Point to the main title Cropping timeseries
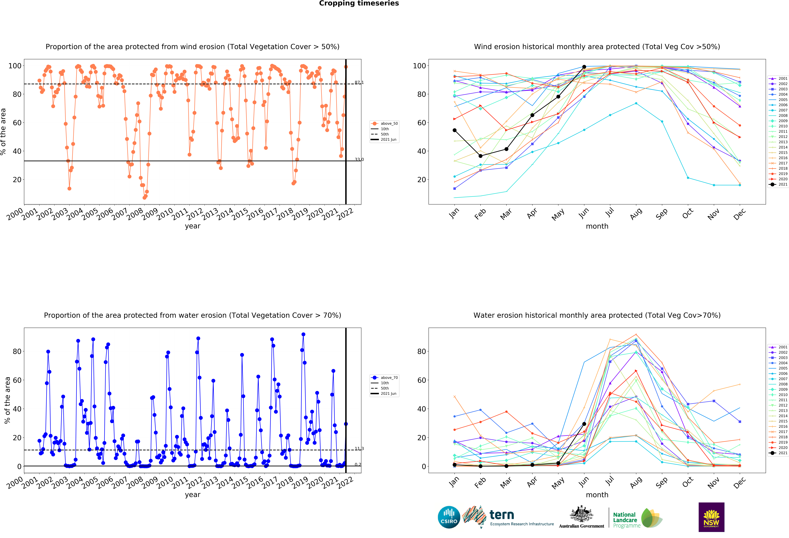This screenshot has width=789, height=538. (x=359, y=3)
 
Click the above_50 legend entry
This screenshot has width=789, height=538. (x=385, y=124)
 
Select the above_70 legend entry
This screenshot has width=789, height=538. (x=385, y=378)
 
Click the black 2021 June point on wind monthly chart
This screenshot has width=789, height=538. (x=584, y=67)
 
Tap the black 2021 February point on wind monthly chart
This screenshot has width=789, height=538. (x=480, y=156)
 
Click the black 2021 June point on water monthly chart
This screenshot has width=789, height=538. (x=584, y=424)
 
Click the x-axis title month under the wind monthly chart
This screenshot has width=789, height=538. (x=597, y=226)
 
